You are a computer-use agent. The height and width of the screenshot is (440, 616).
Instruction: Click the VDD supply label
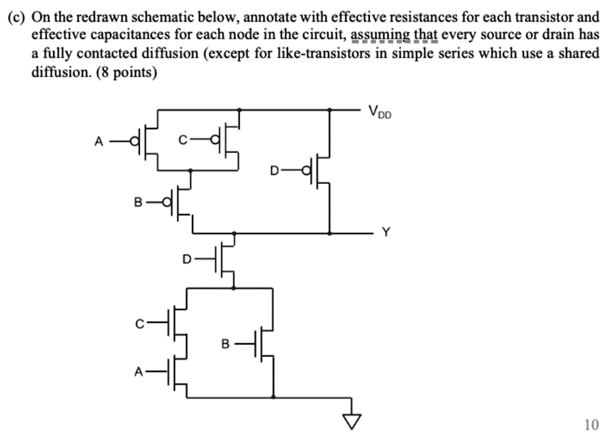pyautogui.click(x=380, y=111)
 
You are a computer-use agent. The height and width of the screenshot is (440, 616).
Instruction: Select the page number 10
pyautogui.click(x=591, y=425)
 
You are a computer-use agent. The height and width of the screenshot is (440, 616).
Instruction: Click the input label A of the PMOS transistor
pyautogui.click(x=99, y=142)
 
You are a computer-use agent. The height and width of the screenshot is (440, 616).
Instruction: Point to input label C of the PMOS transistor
pyautogui.click(x=183, y=142)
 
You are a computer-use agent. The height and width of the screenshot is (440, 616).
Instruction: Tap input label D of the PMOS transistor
pyautogui.click(x=274, y=171)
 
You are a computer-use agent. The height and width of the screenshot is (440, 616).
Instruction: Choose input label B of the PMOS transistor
pyautogui.click(x=138, y=203)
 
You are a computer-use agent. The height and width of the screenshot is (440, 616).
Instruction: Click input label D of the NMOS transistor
pyautogui.click(x=187, y=259)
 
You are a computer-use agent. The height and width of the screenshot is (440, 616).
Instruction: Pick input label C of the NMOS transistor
pyautogui.click(x=140, y=323)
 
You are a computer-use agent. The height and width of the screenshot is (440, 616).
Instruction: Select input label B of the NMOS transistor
pyautogui.click(x=225, y=344)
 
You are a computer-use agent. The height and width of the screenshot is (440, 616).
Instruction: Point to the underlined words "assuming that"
pyautogui.click(x=393, y=35)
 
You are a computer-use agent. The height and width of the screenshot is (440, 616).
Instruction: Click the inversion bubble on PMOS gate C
pyautogui.click(x=217, y=142)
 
